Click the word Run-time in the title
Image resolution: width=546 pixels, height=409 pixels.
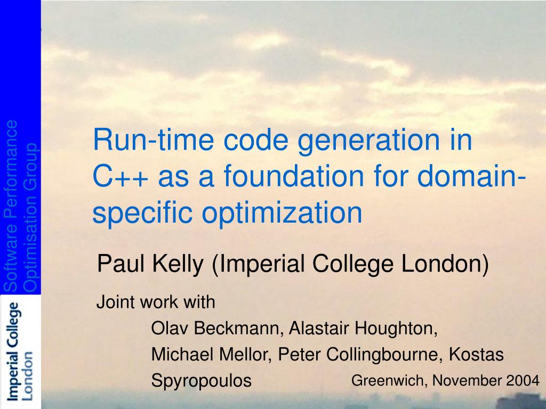click(x=153, y=140)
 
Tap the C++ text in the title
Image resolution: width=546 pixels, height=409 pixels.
click(x=120, y=176)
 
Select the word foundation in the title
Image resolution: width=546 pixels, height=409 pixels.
click(x=294, y=176)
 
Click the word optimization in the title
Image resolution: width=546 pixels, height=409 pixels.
click(x=282, y=213)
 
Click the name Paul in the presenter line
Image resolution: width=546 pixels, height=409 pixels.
click(x=121, y=264)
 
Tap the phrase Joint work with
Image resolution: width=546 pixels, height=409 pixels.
click(x=156, y=302)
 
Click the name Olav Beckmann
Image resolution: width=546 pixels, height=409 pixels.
click(x=215, y=328)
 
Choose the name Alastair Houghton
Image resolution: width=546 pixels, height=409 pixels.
click(x=363, y=329)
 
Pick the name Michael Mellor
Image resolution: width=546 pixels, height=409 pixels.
click(x=210, y=354)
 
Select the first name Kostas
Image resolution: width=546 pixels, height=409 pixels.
click(x=476, y=354)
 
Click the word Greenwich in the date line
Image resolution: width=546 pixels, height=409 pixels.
click(x=388, y=380)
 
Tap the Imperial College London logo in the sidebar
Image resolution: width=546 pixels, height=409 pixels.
click(x=21, y=351)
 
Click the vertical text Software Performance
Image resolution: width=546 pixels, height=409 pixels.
click(x=10, y=206)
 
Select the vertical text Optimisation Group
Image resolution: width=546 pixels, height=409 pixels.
click(x=30, y=217)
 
